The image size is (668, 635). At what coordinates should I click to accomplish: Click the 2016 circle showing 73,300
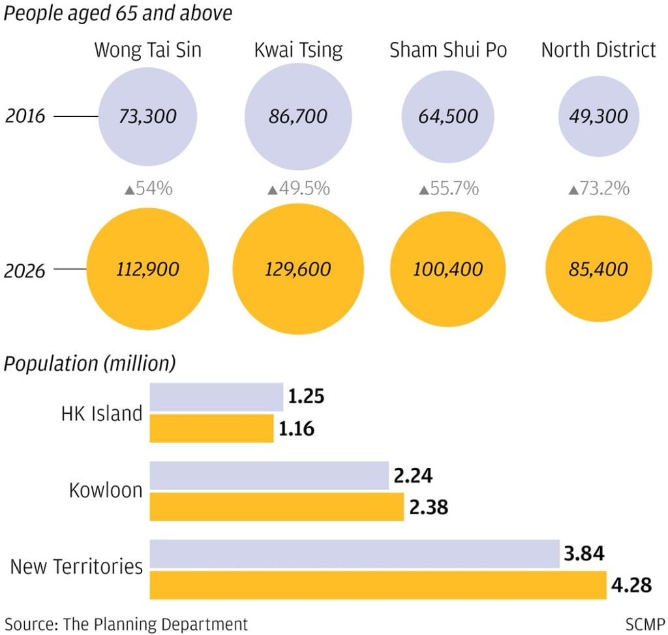tap(147, 117)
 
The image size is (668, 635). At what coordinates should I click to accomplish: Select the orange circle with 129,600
tap(297, 269)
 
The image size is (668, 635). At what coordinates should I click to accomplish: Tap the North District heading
tap(598, 50)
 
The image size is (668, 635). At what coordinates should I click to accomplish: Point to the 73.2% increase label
tap(599, 189)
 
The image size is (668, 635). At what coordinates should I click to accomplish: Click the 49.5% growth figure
tap(298, 189)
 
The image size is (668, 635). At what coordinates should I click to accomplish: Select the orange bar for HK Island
tap(211, 429)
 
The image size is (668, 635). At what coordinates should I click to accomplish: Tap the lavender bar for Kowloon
tap(269, 476)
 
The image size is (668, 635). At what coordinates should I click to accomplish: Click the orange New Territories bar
tap(378, 585)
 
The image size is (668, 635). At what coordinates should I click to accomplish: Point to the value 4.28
tap(631, 585)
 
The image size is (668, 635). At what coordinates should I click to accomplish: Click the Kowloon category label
tap(106, 491)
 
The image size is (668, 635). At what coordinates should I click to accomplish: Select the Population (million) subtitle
tap(90, 364)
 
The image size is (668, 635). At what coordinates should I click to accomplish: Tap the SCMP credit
tap(645, 624)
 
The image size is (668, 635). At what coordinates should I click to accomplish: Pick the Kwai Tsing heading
tap(298, 50)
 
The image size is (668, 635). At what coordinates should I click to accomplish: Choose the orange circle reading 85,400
tap(598, 269)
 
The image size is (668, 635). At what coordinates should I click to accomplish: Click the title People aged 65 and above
tap(118, 13)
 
